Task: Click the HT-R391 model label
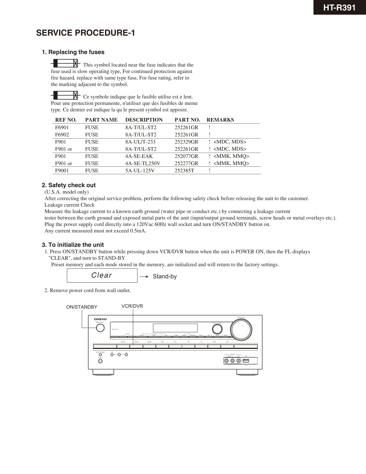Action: click(x=339, y=7)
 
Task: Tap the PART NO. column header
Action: click(x=187, y=120)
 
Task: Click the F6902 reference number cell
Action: click(x=62, y=135)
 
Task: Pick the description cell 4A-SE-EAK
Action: click(x=139, y=156)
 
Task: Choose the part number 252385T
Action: click(x=184, y=170)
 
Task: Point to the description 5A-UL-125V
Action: click(x=140, y=170)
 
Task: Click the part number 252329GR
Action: click(x=186, y=142)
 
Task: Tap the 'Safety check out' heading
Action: click(x=72, y=185)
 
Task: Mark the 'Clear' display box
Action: click(x=102, y=275)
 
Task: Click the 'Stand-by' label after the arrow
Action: click(x=165, y=277)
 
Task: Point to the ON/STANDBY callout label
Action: click(x=82, y=307)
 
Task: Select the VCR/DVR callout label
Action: click(x=132, y=306)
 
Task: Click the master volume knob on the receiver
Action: click(x=241, y=329)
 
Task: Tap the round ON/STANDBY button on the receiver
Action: click(x=100, y=328)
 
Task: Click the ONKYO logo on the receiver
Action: click(x=100, y=319)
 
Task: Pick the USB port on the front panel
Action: click(x=246, y=361)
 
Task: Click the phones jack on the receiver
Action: click(x=100, y=361)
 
